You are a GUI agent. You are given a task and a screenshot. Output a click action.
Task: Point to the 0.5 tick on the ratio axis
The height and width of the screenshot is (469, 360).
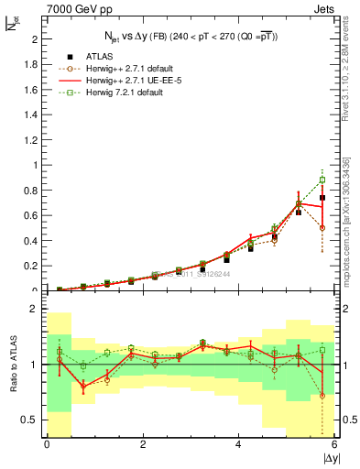[x=29, y=420]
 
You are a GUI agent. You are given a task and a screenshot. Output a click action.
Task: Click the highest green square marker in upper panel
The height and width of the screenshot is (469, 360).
[x=322, y=180]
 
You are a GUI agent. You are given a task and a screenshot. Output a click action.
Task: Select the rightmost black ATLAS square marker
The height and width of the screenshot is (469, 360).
[x=322, y=198]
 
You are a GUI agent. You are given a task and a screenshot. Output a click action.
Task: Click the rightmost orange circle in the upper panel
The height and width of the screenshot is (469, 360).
[x=322, y=227]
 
